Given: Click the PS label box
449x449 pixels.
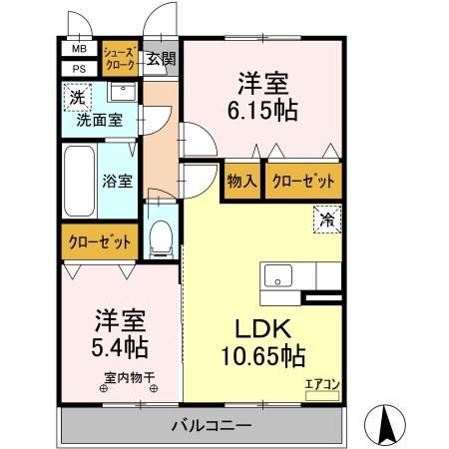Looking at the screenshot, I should (x=77, y=68).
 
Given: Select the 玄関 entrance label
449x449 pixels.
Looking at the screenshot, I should (x=160, y=58).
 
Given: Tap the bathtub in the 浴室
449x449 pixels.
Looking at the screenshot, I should (x=79, y=184).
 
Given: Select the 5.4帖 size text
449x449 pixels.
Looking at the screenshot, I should (x=121, y=349).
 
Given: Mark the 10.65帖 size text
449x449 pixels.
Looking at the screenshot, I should (x=262, y=355).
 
